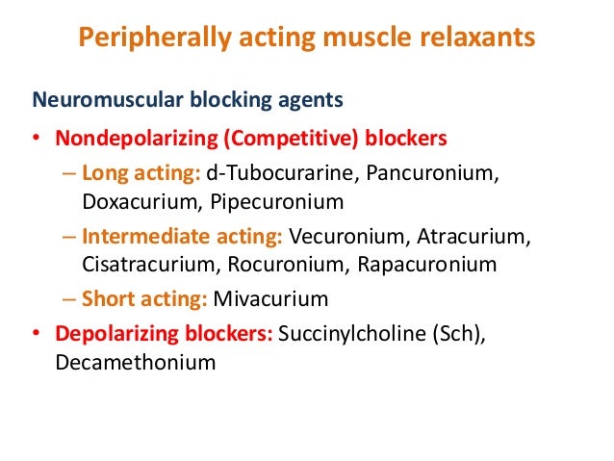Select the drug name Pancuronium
tap(426, 174)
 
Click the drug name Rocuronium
tap(263, 264)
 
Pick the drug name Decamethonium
tap(137, 362)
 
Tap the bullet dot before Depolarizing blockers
tap(37, 335)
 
